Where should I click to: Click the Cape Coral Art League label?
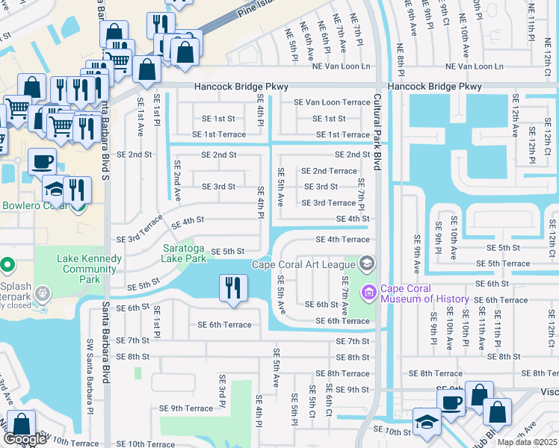(x=304, y=264)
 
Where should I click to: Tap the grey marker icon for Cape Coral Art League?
(x=366, y=263)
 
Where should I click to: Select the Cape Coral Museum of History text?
(x=423, y=294)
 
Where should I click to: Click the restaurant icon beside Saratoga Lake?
(x=233, y=288)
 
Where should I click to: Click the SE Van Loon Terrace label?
(x=332, y=102)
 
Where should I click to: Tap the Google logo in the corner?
(x=25, y=438)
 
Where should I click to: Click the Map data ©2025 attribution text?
(x=528, y=442)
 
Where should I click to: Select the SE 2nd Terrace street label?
(x=329, y=171)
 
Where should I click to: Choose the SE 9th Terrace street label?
(x=187, y=408)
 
